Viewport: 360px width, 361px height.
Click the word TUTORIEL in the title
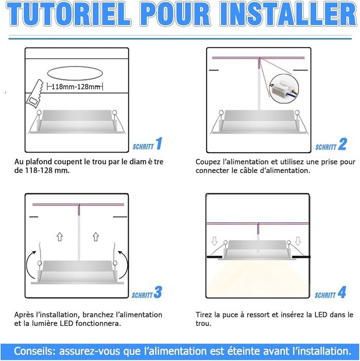pos(68,14)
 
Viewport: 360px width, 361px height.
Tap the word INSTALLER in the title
pos(287,14)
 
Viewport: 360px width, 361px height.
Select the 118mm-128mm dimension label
pos(75,87)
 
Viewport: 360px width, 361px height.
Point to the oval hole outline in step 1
pos(75,67)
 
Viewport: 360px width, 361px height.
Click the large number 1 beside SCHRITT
pos(159,143)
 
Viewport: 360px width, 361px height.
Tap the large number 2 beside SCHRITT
pos(342,144)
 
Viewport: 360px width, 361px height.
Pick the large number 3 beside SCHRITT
pos(158,292)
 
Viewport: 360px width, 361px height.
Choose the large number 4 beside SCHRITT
pos(342,292)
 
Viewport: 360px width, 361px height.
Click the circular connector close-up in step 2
pos(284,89)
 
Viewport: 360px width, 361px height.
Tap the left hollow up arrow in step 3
pos(60,237)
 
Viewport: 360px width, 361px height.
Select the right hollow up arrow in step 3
pos(96,237)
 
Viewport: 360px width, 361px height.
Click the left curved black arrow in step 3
pos(28,262)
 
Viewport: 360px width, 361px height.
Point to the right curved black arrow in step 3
pos(126,262)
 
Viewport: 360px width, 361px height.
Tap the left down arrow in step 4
pos(214,241)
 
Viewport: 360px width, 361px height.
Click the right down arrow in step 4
pos(298,241)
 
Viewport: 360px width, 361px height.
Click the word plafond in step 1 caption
pos(39,161)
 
